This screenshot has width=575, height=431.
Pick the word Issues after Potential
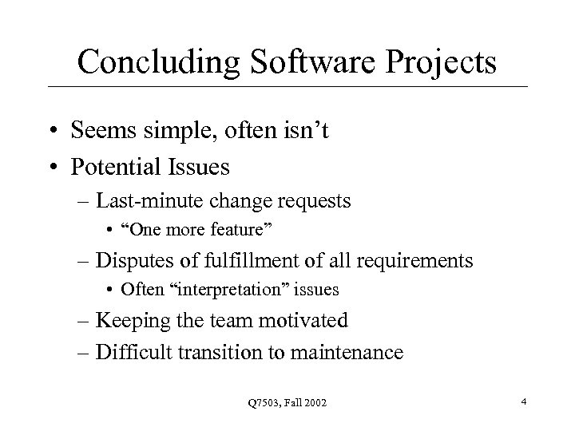point(199,168)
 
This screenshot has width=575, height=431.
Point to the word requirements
point(413,260)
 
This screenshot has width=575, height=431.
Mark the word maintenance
point(351,351)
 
